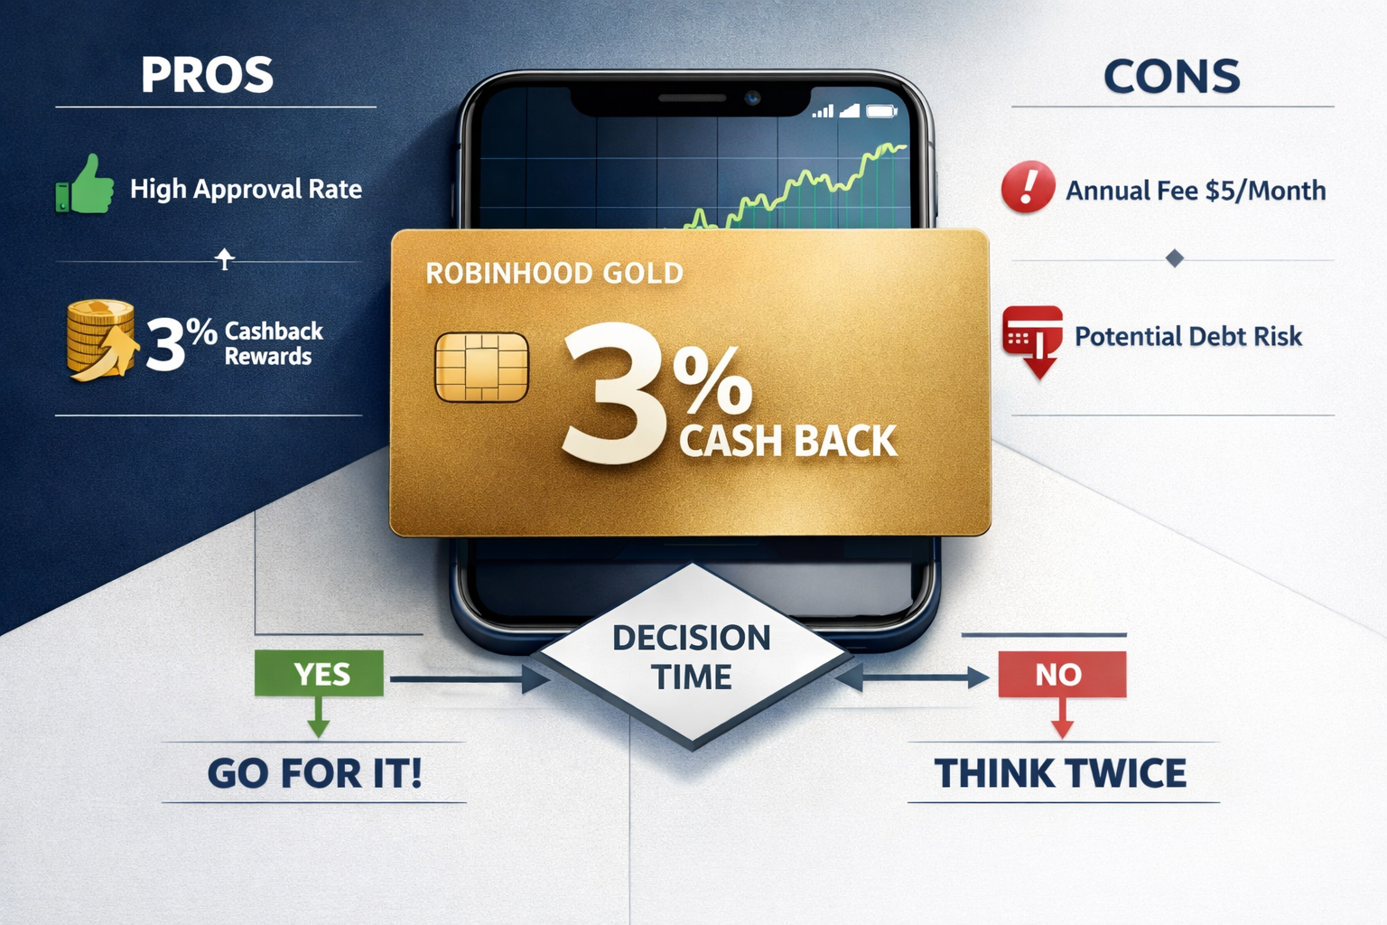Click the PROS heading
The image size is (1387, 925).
tap(207, 75)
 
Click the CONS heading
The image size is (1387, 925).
tap(1171, 77)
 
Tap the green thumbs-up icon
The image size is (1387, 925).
tap(86, 185)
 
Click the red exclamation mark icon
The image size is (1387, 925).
tap(1028, 187)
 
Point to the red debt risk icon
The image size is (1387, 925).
tap(1033, 341)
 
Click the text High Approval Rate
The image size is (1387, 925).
tap(246, 189)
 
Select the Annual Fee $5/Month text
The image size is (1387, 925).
tap(1196, 191)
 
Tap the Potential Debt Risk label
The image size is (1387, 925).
tap(1187, 337)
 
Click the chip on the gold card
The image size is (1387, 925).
tap(481, 367)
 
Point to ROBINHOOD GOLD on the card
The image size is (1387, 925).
tap(554, 273)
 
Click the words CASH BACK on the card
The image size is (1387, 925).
tap(787, 442)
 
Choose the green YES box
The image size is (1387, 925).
tap(319, 674)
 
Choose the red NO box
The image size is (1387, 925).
tap(1062, 674)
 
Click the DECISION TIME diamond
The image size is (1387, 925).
tap(692, 657)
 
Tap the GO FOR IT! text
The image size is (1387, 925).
tap(314, 773)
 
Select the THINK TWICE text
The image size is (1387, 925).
tap(1060, 774)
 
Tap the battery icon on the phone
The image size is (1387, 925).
tap(880, 111)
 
